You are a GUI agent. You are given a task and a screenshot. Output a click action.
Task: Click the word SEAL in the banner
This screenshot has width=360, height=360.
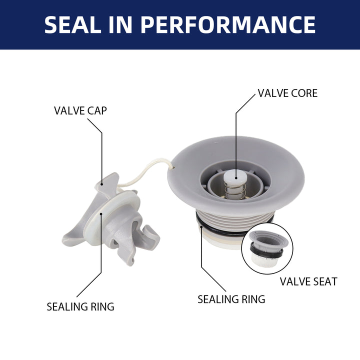pos(73,25)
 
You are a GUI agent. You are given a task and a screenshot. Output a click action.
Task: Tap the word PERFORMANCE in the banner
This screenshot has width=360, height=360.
pos(228,25)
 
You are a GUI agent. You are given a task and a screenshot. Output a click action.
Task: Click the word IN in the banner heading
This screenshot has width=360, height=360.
pos(121,25)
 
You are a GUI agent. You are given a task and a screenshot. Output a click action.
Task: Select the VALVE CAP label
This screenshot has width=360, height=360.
pos(80,110)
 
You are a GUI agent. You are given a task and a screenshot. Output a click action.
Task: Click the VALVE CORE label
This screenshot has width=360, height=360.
pos(287,93)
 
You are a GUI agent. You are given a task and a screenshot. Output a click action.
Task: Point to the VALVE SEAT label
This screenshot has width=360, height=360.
pos(308,281)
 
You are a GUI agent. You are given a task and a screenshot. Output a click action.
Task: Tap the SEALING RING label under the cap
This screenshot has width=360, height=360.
pos(80,306)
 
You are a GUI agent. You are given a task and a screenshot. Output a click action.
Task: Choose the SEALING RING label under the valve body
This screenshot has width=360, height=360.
pos(231,299)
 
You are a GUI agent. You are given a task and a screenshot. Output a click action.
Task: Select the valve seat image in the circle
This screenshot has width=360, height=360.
pos(267,248)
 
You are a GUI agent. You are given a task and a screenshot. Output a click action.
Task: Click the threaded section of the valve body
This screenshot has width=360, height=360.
pos(234,220)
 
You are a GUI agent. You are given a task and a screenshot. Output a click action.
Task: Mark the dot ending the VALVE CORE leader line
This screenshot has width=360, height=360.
pos(236,178)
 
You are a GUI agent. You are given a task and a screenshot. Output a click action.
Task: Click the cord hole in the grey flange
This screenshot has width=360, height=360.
pos(173,168)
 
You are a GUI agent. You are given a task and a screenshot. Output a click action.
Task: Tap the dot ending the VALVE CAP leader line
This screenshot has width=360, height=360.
pos(101,184)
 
